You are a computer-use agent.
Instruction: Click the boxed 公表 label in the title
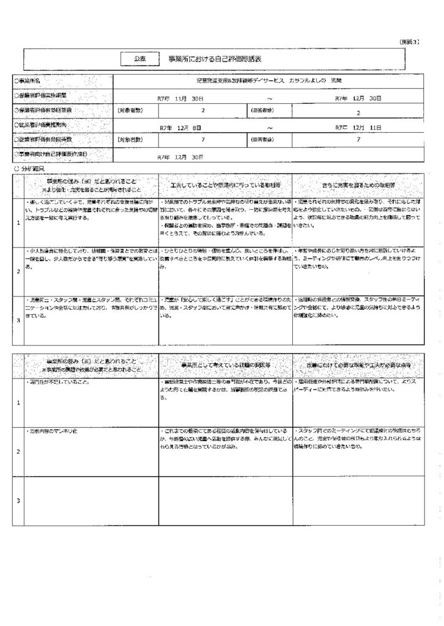pos(139,59)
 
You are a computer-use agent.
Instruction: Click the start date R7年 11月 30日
pos(178,97)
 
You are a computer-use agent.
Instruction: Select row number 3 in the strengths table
pos(18,320)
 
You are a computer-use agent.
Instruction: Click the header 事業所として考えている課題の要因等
pos(224,365)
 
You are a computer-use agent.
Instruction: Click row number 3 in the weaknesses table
pos(18,501)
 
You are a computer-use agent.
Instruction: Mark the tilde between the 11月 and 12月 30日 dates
pos(268,97)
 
